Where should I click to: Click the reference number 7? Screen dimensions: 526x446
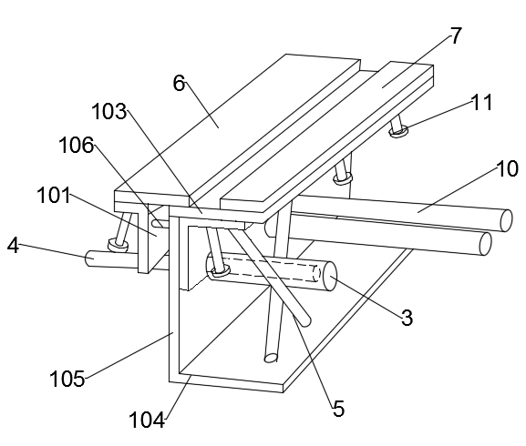(x=456, y=35)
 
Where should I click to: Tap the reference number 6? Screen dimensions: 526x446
(x=180, y=83)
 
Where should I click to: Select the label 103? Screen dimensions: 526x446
(x=109, y=111)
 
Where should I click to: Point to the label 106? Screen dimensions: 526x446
(x=77, y=146)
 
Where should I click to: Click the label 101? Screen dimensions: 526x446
(x=54, y=195)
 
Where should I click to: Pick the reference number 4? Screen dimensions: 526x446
(x=13, y=246)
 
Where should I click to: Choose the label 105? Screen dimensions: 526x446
(x=67, y=379)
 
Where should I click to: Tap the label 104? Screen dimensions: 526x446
(x=147, y=420)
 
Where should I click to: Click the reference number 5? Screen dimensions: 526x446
(x=339, y=409)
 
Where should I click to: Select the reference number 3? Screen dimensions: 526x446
(x=407, y=318)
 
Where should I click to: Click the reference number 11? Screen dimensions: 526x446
(x=482, y=102)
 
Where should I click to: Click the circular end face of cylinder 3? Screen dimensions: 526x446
(x=330, y=276)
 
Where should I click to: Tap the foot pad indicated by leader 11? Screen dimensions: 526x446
(x=398, y=130)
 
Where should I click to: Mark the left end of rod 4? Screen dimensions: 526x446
(x=89, y=258)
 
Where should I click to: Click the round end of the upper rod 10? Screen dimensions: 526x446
(x=506, y=220)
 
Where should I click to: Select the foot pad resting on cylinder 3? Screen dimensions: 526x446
(x=220, y=271)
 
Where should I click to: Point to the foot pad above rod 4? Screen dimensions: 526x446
(x=118, y=245)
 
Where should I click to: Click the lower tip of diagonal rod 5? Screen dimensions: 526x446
(x=306, y=321)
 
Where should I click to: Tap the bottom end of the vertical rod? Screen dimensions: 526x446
(x=271, y=358)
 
